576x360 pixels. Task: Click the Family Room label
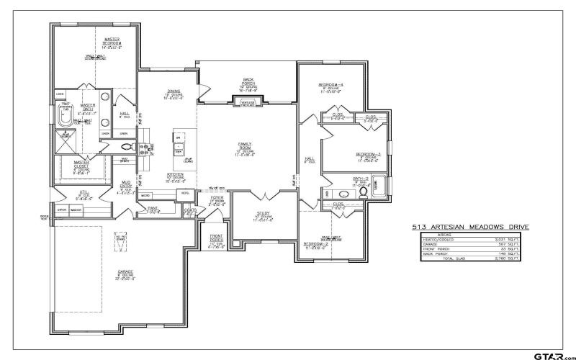246,147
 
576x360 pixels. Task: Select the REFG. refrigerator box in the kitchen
185,194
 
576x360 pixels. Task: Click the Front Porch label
217,239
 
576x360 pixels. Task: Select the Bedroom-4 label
331,86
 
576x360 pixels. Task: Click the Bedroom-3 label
368,155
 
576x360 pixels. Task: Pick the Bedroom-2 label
316,244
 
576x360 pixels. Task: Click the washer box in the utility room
76,210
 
